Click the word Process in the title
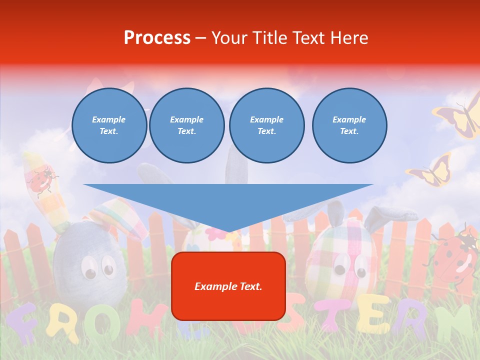point(157,38)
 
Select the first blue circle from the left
point(109,125)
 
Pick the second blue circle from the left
point(187,125)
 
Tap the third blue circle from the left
point(267,125)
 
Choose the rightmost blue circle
point(349,125)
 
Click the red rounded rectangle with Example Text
point(228,286)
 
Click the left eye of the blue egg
point(90,270)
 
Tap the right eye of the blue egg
point(108,265)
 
